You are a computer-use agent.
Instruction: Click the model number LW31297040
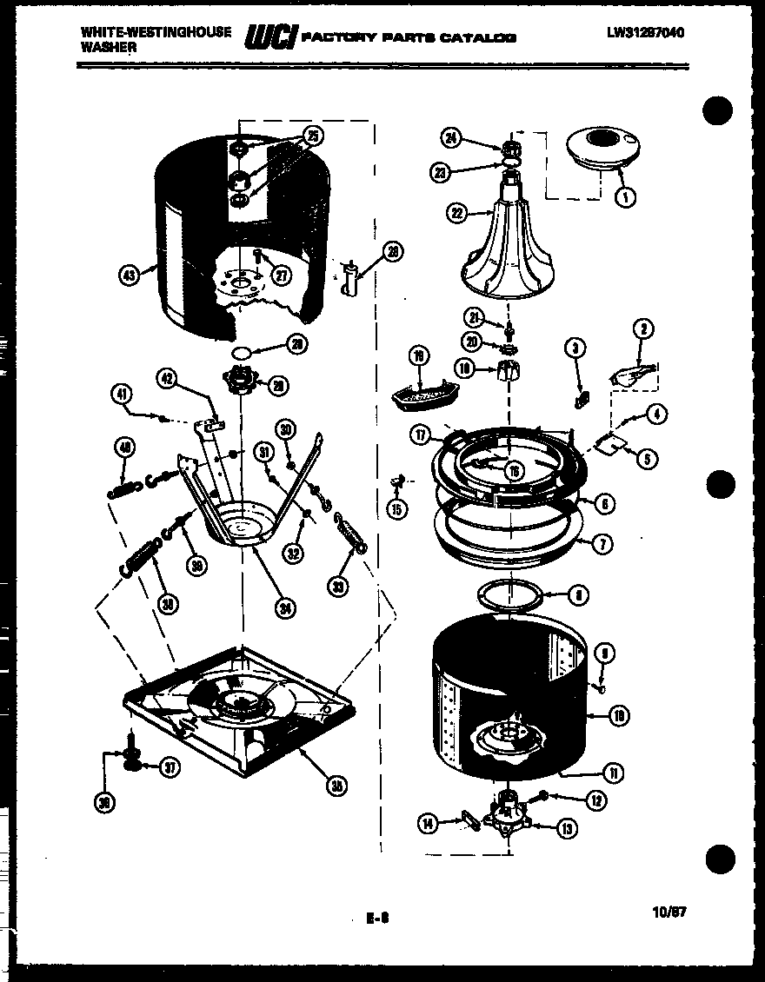[x=645, y=33]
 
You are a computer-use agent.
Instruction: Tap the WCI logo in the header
[x=272, y=37]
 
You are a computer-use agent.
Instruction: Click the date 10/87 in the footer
[x=669, y=913]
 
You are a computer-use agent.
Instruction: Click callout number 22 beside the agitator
[x=456, y=210]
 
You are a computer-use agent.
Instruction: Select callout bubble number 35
[x=334, y=786]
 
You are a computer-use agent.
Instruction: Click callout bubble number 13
[x=566, y=828]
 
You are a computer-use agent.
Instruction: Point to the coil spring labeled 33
[x=350, y=531]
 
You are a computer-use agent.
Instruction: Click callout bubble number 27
[x=279, y=275]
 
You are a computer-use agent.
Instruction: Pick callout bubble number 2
[x=644, y=329]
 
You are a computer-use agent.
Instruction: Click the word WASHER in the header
[x=109, y=48]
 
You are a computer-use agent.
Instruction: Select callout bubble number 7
[x=600, y=545]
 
